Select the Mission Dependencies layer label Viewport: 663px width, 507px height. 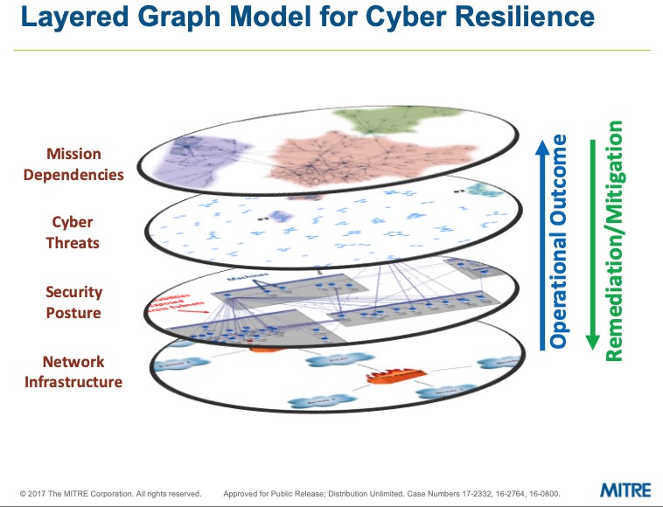(x=74, y=165)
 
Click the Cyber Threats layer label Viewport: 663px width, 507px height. (x=73, y=233)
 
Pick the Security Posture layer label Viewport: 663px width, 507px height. (x=74, y=302)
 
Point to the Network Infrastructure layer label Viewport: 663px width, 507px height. (x=73, y=372)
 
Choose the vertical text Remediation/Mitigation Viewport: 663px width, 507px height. (x=615, y=240)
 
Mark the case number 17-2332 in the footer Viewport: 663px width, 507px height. (x=440, y=493)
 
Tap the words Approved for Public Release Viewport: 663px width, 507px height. (x=271, y=493)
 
